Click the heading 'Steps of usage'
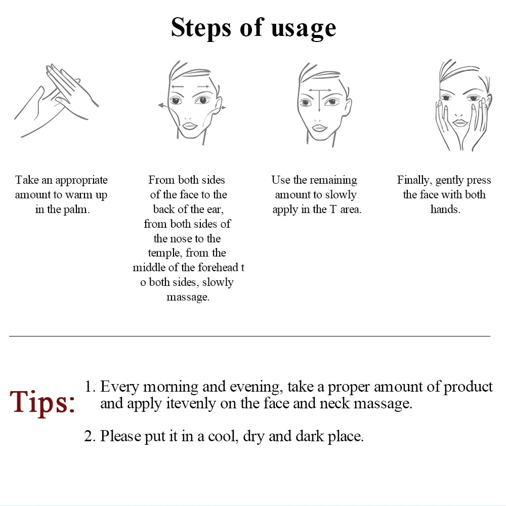pos(253,28)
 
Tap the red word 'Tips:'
pos(43,402)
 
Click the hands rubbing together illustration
pos(56,101)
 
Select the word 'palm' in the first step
pos(77,209)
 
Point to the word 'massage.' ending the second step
pos(188,297)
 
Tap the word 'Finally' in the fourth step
pos(414,180)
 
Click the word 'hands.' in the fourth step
pos(445,209)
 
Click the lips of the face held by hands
pos(459,122)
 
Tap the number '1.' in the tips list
pos(90,387)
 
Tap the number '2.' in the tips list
pos(90,436)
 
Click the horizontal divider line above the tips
pos(249,336)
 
